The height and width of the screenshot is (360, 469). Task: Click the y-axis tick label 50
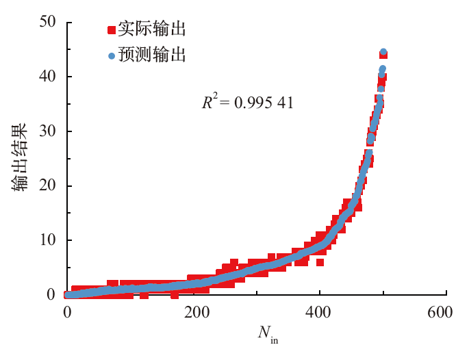[48, 22]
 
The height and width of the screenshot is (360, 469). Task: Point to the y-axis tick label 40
[48, 76]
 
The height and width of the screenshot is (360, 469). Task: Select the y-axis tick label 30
[48, 131]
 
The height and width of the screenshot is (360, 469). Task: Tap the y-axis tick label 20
[48, 185]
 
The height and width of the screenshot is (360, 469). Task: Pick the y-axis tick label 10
[48, 240]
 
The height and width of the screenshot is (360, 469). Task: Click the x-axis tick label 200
[194, 312]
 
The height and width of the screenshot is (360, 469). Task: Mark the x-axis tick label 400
[320, 312]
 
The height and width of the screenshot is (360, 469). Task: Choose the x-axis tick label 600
[446, 312]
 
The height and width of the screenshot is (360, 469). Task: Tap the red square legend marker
[112, 30]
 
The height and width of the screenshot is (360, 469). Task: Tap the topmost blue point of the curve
[383, 52]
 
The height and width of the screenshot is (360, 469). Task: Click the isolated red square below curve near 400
[320, 262]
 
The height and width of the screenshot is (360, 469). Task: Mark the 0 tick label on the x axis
[67, 312]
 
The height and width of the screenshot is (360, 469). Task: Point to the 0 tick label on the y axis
[52, 295]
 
